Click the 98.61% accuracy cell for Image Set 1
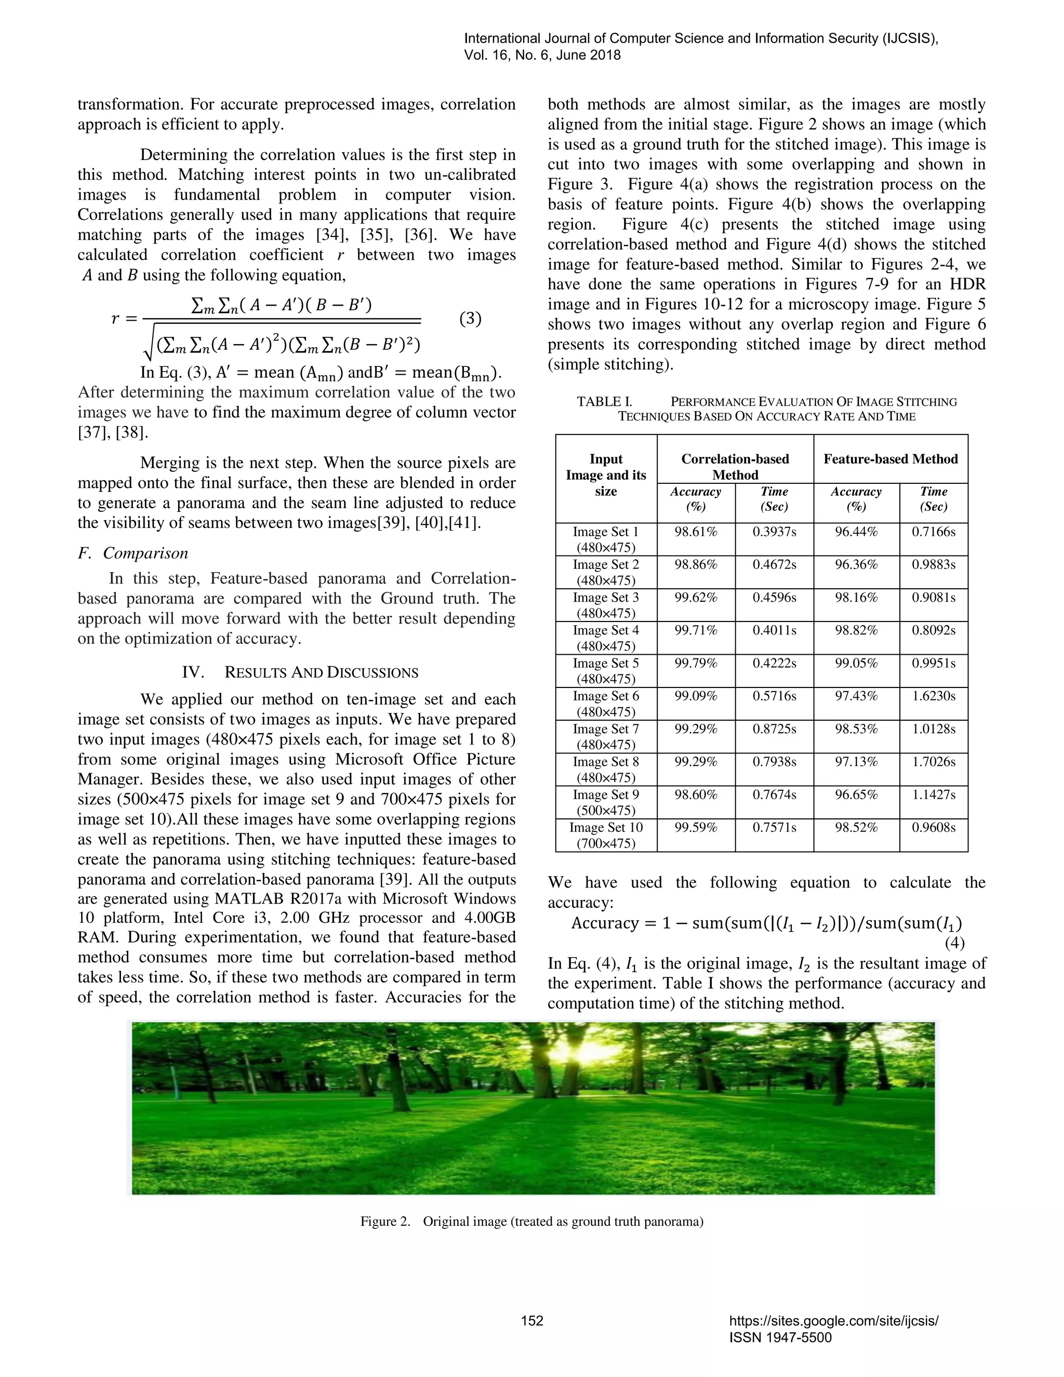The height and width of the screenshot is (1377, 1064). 696,532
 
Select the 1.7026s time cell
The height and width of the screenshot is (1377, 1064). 934,762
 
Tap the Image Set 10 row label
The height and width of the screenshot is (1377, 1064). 606,835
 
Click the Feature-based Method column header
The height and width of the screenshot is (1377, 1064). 890,459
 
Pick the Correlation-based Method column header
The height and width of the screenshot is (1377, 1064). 735,467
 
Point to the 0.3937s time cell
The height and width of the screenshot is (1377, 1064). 774,532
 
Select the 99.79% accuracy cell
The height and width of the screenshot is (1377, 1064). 696,663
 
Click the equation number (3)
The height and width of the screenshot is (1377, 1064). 470,319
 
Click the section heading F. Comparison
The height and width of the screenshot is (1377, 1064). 133,553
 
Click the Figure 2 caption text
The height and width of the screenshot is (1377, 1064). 531,1221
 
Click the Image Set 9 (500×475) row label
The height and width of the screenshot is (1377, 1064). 606,802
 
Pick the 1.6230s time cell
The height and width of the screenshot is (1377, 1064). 934,696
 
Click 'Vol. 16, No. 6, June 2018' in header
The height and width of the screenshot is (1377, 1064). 542,56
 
